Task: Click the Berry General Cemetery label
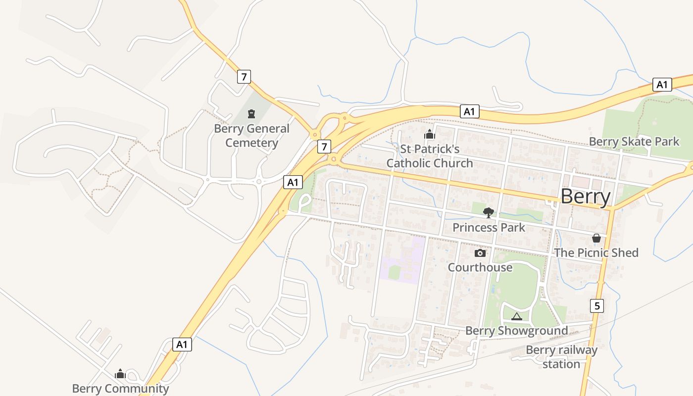tap(251, 136)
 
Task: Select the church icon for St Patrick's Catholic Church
tap(429, 134)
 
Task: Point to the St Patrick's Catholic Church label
tap(429, 156)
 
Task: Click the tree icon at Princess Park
tap(489, 213)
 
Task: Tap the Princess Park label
tap(489, 228)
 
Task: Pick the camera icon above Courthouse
tap(480, 253)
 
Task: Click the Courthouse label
tap(480, 267)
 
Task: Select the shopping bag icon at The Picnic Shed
tap(596, 238)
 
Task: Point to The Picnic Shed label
tap(596, 252)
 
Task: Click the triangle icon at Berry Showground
tap(516, 316)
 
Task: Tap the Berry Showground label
tap(516, 331)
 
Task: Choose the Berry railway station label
tap(561, 357)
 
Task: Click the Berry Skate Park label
tap(634, 142)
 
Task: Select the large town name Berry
tap(586, 197)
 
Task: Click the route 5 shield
tap(597, 306)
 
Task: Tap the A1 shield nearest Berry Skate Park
tap(662, 85)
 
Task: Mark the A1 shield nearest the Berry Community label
tap(182, 345)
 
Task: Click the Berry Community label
tap(120, 389)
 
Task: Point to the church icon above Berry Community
tap(120, 374)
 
